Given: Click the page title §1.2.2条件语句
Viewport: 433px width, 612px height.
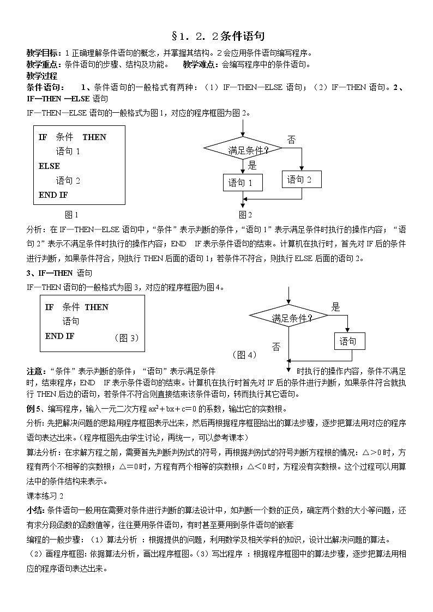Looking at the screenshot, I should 218,37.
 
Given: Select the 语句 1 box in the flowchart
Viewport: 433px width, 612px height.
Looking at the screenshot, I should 243,183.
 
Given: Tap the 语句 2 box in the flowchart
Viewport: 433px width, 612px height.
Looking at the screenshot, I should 302,179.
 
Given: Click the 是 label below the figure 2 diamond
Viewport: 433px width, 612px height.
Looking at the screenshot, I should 251,165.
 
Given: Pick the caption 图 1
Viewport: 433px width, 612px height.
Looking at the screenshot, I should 71,214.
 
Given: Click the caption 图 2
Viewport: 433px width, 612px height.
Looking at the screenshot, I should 245,214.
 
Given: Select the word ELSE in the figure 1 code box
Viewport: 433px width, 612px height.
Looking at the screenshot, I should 49,166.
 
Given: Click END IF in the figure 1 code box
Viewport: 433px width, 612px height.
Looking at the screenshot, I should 53,195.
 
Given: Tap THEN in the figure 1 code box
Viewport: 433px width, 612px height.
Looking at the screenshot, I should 94,137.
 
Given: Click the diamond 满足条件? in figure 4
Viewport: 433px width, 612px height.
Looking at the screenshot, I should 288,318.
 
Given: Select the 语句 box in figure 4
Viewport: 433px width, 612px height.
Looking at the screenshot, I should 349,341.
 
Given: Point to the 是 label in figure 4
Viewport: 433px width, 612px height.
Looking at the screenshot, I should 336,307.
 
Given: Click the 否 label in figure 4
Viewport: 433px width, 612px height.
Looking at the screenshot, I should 276,347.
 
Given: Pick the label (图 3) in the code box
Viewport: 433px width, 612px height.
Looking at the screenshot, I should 127,338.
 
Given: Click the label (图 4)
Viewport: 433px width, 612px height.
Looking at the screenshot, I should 244,355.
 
